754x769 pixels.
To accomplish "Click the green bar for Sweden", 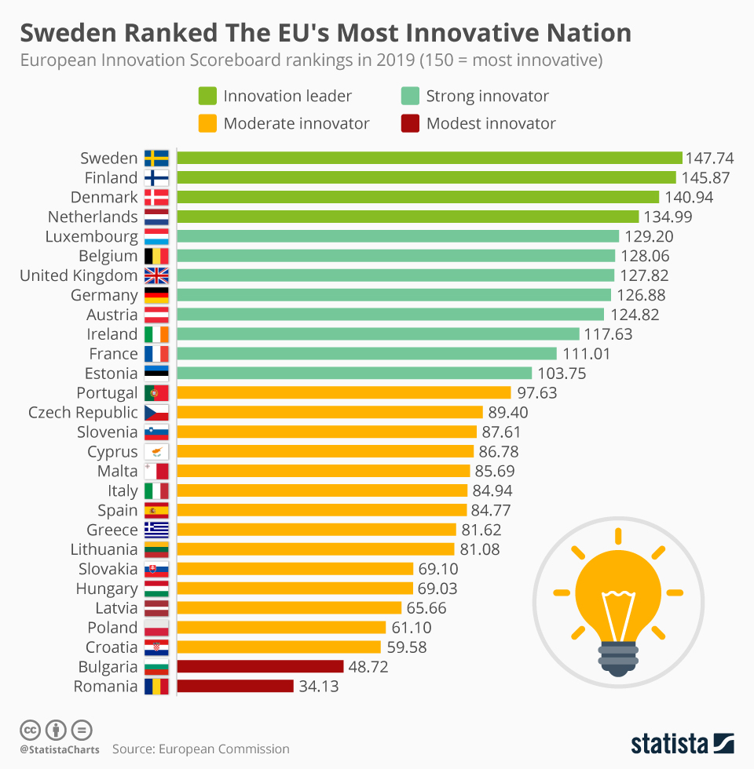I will click(429, 158).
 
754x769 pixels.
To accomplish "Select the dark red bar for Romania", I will click(235, 687).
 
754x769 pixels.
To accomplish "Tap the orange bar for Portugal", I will click(344, 393).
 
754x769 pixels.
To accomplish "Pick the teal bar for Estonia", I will click(354, 374).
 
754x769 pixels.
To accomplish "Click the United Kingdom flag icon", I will click(156, 275).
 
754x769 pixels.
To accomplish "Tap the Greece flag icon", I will click(156, 530).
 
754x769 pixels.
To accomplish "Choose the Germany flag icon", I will click(156, 295).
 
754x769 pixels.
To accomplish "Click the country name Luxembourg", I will click(92, 236).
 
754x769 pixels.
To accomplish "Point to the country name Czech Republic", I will click(83, 413).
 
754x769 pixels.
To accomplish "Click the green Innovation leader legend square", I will click(208, 96).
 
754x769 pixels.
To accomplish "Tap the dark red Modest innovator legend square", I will click(410, 123).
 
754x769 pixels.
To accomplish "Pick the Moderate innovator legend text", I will click(296, 123).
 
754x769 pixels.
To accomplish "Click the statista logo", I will click(682, 742).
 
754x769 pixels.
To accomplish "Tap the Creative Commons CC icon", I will click(31, 730).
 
